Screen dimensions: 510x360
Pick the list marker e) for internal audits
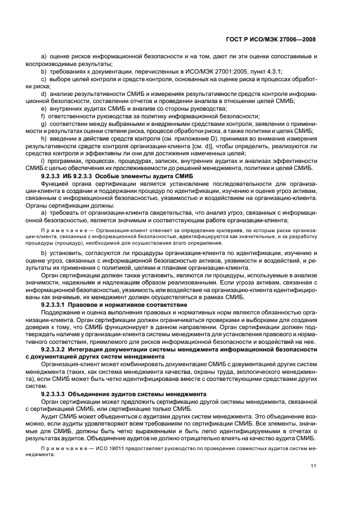(44, 108)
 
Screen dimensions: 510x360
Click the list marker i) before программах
(43, 161)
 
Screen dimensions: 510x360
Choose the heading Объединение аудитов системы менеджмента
(139, 392)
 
